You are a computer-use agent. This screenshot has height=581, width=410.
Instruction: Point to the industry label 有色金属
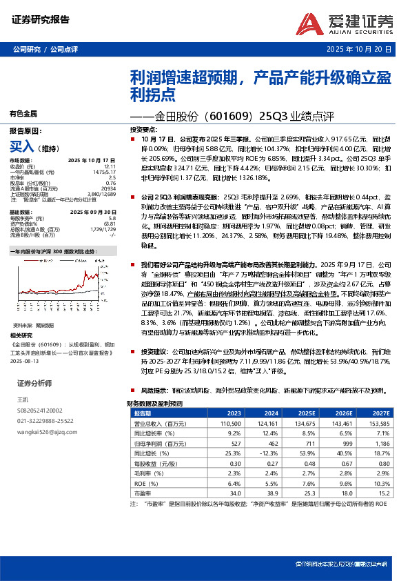point(23,113)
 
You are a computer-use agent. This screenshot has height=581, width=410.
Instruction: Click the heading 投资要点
point(141,130)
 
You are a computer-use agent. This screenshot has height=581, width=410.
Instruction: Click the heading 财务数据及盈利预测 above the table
point(154,402)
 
